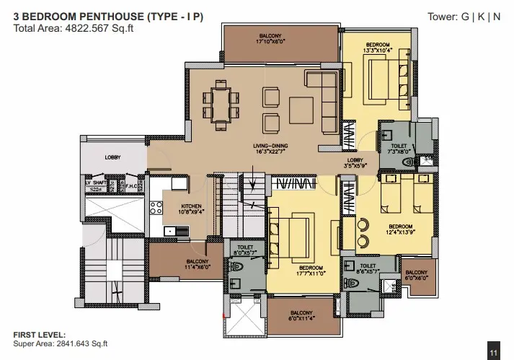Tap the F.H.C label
pos(132,185)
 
